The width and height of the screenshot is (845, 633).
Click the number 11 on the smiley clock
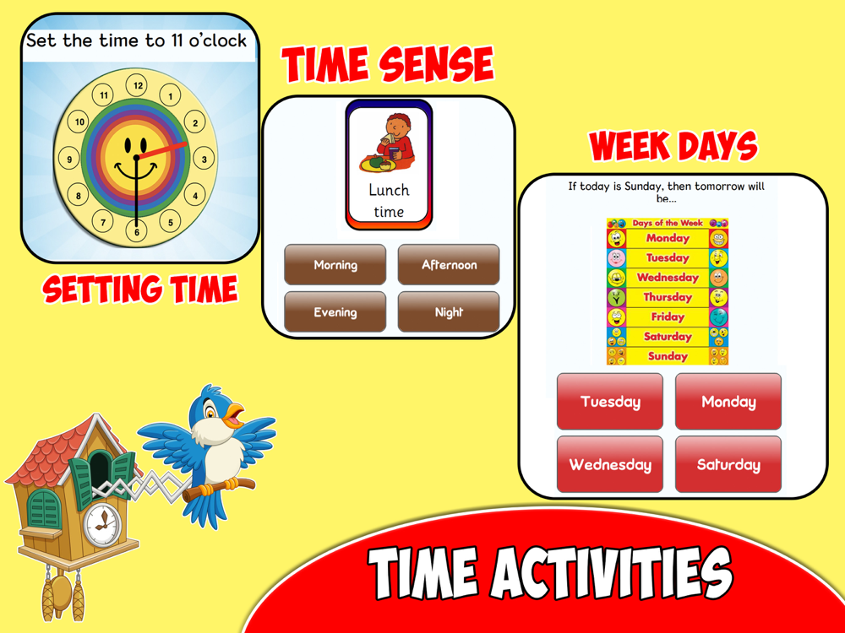(103, 95)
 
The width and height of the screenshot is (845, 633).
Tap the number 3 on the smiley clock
(204, 159)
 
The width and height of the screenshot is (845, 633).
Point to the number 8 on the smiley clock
(79, 196)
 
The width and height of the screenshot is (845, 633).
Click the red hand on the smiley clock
(161, 150)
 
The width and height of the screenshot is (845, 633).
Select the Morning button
(335, 264)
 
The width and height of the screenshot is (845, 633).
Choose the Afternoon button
(449, 264)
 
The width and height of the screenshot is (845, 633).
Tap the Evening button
(335, 311)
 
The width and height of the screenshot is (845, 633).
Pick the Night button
(449, 311)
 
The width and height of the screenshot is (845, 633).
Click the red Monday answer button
(728, 401)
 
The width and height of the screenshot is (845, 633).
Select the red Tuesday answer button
(610, 401)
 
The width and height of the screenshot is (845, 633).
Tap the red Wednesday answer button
(610, 464)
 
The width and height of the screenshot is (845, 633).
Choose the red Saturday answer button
(728, 464)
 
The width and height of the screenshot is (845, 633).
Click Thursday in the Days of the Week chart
(668, 297)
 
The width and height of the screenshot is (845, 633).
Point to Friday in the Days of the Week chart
(668, 316)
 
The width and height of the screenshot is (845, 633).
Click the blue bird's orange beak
(235, 415)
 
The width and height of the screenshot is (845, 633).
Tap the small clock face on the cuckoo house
(102, 525)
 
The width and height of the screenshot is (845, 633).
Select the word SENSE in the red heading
(436, 64)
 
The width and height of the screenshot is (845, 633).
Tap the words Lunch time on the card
(389, 201)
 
